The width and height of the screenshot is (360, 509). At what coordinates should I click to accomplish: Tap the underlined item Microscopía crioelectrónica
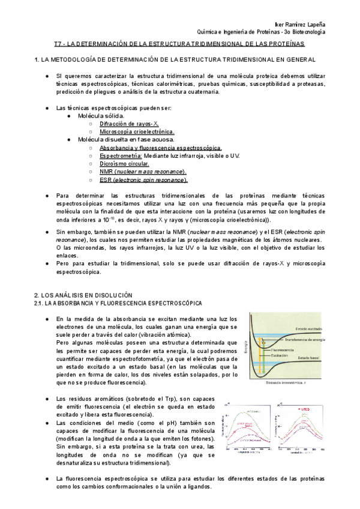pyautogui.click(x=137, y=131)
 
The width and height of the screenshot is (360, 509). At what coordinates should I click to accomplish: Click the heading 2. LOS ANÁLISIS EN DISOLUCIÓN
pyautogui.click(x=83, y=296)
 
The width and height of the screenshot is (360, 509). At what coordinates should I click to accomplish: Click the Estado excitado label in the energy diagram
pyautogui.click(x=310, y=330)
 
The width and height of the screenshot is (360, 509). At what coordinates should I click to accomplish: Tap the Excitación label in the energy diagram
pyautogui.click(x=281, y=355)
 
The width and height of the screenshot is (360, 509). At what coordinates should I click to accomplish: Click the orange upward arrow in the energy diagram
pyautogui.click(x=260, y=354)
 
